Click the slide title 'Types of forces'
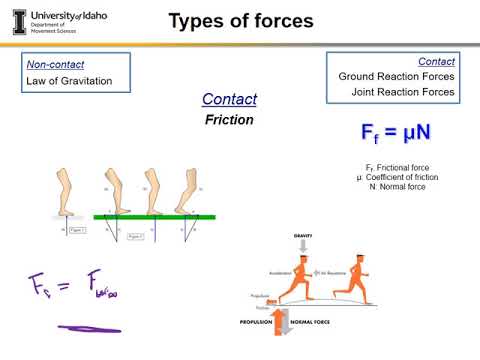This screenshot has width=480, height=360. [239, 21]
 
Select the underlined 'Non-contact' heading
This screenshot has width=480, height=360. [50, 64]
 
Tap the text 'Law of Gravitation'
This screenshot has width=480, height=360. [70, 81]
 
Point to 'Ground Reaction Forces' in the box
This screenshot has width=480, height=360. [396, 76]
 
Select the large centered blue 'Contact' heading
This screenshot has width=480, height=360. [229, 99]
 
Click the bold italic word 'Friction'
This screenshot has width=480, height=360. [229, 119]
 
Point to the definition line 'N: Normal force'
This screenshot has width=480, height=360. [399, 186]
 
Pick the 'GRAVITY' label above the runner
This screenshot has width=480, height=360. [304, 235]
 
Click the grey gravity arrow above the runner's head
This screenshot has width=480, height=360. [304, 247]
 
